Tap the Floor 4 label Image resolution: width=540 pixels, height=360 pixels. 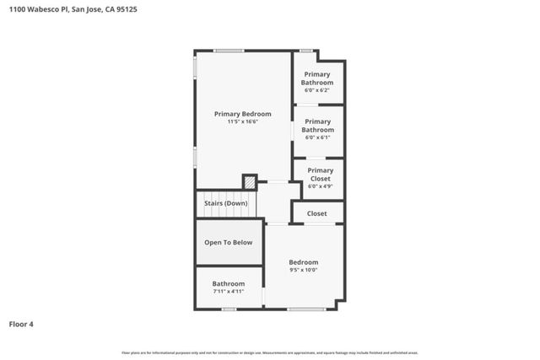[21, 324]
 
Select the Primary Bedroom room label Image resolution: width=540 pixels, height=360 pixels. [242, 114]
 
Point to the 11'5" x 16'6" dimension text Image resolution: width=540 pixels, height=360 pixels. [242, 121]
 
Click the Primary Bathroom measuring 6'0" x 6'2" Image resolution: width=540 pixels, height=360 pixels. [318, 78]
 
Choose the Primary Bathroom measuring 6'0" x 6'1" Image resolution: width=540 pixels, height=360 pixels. [318, 126]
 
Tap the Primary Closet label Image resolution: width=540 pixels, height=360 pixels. [320, 174]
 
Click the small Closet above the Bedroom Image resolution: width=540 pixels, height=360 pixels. [316, 213]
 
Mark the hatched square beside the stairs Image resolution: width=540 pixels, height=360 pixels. [249, 182]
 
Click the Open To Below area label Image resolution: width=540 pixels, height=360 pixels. [228, 243]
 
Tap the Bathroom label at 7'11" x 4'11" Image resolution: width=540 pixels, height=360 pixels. [228, 283]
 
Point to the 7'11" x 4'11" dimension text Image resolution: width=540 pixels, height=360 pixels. [228, 291]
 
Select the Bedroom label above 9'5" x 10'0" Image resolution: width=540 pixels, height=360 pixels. [304, 262]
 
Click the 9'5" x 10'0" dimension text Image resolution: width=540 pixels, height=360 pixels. [304, 270]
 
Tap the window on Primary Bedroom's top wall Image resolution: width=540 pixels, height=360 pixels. [229, 51]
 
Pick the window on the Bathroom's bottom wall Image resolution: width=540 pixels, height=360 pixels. [228, 309]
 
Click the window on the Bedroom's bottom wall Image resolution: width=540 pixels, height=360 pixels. [306, 309]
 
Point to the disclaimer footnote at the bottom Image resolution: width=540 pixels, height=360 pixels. [270, 352]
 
